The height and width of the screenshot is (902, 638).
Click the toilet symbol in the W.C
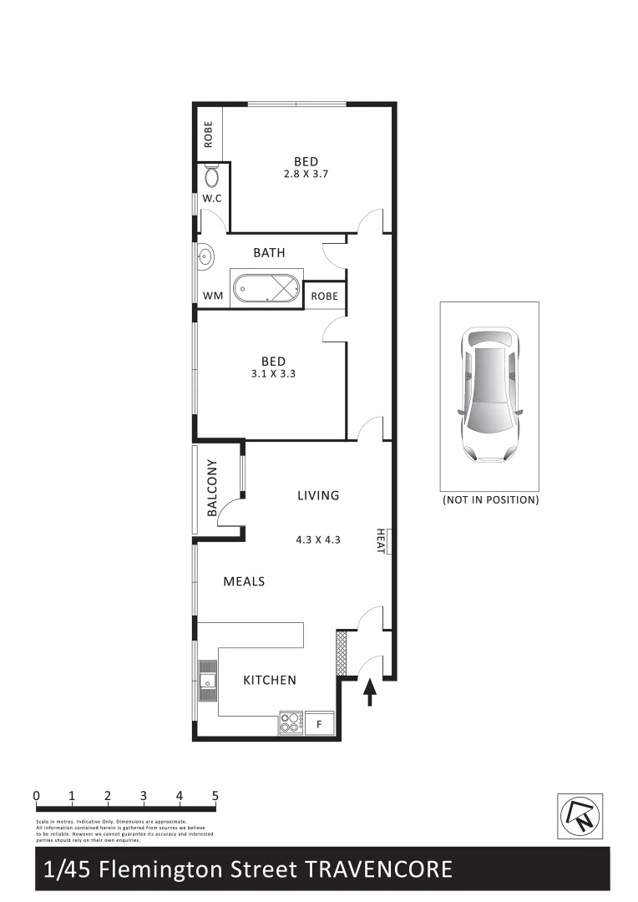coord(210,176)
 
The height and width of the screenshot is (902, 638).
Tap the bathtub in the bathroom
coord(266,288)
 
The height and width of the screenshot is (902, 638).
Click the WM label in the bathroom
coord(212,296)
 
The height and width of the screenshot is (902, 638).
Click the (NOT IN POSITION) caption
coord(490,500)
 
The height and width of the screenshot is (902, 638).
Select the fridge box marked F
coord(319,724)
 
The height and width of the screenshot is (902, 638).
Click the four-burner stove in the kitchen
coord(290,722)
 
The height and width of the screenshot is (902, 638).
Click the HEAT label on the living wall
coord(381,540)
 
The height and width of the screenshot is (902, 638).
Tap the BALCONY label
coord(211,488)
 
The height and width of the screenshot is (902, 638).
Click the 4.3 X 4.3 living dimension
coord(318,540)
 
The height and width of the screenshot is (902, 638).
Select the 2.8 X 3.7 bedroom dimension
coord(306,175)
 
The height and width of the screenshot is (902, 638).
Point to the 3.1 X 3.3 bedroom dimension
coord(273,374)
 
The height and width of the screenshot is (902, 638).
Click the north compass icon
coord(580,815)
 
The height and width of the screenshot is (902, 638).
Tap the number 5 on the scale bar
coord(215,795)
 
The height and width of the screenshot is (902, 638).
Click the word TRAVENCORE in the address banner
coord(379,869)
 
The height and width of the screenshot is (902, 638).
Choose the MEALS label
coord(244,581)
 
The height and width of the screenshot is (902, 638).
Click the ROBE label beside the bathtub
coord(324,296)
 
